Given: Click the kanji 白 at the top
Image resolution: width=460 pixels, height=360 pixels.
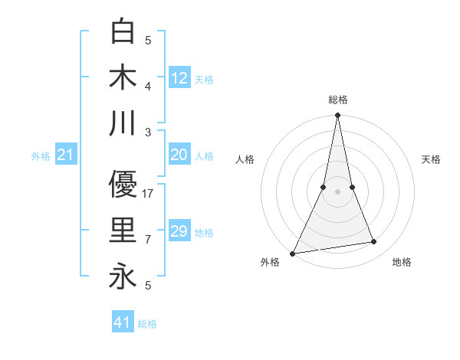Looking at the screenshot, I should [123, 31].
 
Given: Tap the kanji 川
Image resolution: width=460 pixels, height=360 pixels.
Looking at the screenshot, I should [123, 123].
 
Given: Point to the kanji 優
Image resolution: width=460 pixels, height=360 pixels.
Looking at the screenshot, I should [123, 185].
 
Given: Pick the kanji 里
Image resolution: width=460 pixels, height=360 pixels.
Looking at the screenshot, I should [123, 231].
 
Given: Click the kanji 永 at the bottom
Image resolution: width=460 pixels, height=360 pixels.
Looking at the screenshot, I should [123, 277].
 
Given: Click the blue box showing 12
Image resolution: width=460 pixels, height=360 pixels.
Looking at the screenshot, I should [179, 77].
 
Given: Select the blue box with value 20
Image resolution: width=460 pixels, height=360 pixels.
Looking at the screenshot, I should [179, 155].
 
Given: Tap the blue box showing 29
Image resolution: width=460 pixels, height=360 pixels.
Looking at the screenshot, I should [179, 231].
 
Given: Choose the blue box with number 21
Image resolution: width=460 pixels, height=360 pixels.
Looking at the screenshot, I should [65, 155].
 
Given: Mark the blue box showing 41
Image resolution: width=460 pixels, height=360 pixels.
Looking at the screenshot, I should [123, 322].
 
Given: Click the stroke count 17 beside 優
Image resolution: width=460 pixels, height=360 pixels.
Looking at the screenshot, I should [149, 194].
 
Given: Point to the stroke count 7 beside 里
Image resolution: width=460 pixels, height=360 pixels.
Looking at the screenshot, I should [149, 240].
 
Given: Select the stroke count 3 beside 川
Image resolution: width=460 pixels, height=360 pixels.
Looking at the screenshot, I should [149, 133].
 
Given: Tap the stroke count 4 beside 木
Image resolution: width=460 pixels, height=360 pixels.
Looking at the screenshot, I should [149, 87].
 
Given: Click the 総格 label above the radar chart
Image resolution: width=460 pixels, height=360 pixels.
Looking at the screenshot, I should [338, 100].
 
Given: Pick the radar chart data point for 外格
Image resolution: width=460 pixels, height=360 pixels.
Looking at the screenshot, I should [293, 254].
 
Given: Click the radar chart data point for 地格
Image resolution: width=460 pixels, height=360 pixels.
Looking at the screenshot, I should [374, 242].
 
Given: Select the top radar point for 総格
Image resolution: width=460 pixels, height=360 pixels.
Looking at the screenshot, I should [337, 116].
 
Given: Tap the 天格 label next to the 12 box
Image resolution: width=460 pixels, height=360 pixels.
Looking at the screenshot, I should [204, 79].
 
